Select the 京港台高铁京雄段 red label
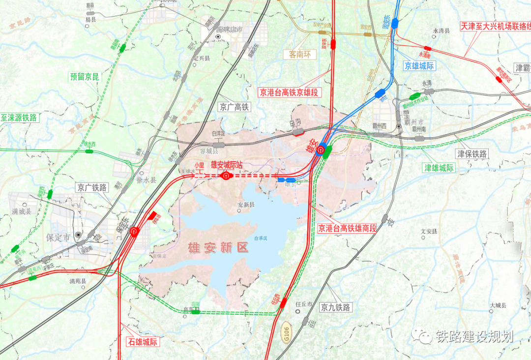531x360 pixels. tap(290, 92)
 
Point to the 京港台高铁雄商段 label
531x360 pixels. tap(347, 228)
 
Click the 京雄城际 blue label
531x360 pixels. tap(419, 65)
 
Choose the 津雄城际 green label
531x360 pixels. tap(440, 168)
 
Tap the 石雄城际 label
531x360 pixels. tap(143, 341)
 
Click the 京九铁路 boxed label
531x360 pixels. tap(336, 307)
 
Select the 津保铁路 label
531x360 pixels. tap(472, 154)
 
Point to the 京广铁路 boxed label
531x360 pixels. tap(92, 187)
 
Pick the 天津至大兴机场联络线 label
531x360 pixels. tap(495, 27)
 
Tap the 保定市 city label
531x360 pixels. tap(58, 237)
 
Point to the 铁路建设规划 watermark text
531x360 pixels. tap(474, 336)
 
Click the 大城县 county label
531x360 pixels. tap(498, 306)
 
